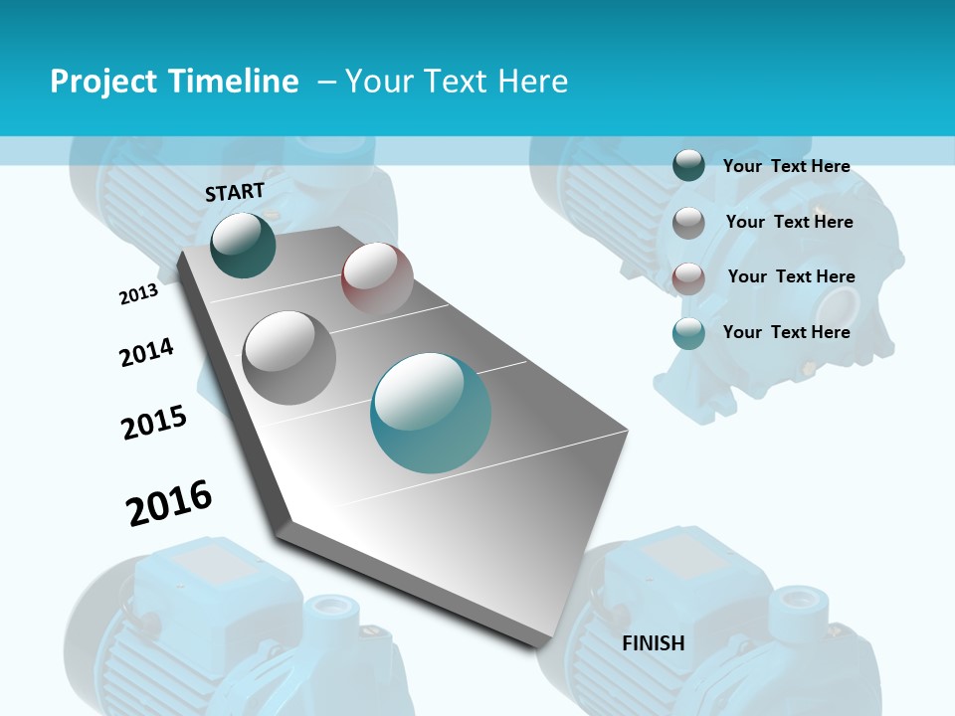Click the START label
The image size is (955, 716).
coord(235,191)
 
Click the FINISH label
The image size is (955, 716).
coord(653,643)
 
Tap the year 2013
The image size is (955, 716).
coord(138,294)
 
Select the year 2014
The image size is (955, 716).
coord(146,352)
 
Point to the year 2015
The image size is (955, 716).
coord(153,423)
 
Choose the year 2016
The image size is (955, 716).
coord(169,503)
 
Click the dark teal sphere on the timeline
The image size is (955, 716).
coord(243,245)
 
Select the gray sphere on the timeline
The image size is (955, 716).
coord(288,357)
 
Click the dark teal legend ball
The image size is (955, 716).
coord(688,166)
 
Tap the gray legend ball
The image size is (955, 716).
coord(688,223)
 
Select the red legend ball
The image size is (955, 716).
coord(688,277)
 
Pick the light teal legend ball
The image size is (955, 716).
coord(688,333)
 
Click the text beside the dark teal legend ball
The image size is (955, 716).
coord(786,166)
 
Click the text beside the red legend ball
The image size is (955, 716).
coord(791,276)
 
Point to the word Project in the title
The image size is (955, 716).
coord(103,82)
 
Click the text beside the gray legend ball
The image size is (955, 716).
coord(789,222)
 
